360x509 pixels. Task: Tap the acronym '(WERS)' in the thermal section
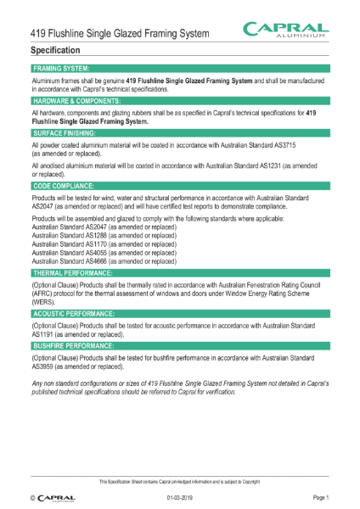[x=43, y=300]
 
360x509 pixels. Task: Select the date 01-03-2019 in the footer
[x=181, y=496]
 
